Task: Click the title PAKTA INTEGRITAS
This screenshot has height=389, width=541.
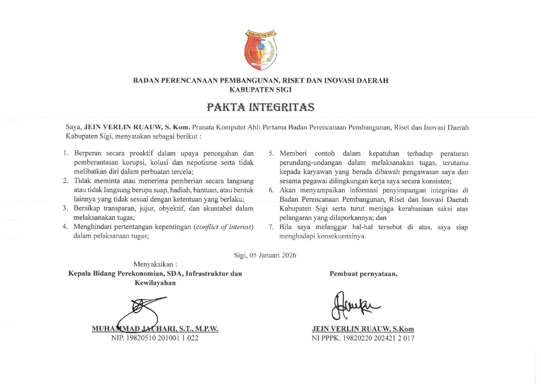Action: click(x=260, y=107)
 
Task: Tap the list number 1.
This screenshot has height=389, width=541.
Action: click(x=66, y=154)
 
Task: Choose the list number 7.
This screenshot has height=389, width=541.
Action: click(x=270, y=228)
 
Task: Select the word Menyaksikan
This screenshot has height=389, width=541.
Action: click(x=153, y=264)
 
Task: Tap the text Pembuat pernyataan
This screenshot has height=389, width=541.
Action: click(x=364, y=274)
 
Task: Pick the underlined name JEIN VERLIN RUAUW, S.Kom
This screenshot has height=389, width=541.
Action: click(x=363, y=329)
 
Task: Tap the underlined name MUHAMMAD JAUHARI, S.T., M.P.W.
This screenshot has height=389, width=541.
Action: click(x=155, y=329)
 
